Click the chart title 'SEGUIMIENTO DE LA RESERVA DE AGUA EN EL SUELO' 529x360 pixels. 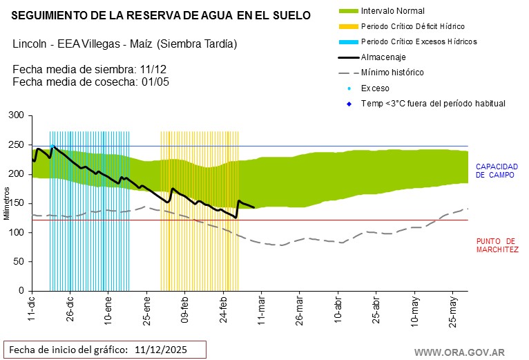click(162, 15)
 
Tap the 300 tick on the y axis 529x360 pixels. click(15, 115)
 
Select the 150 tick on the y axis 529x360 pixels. click(15, 203)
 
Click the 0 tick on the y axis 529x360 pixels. click(21, 291)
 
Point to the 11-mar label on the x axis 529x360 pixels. click(262, 310)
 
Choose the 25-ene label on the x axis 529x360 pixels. click(147, 310)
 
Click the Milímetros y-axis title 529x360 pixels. click(6, 203)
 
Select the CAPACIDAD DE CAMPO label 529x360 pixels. click(497, 171)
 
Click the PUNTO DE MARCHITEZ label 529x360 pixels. click(497, 245)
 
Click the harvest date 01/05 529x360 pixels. click(155, 82)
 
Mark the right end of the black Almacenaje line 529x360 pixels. click(254, 207)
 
